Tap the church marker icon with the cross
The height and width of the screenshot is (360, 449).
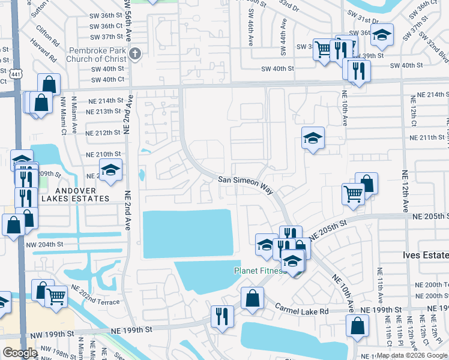coord(135,54)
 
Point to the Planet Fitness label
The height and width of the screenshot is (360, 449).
coord(258,271)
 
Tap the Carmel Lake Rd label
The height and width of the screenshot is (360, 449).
coord(302,311)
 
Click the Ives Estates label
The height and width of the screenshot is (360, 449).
coord(425,256)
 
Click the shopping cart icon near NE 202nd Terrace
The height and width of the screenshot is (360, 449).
coord(56,295)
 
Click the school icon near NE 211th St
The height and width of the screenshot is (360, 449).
coord(313,139)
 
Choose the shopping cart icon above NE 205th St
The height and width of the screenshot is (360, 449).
coord(353,193)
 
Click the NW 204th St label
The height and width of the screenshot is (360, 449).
coord(45,244)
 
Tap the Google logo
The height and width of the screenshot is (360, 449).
coord(20,353)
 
